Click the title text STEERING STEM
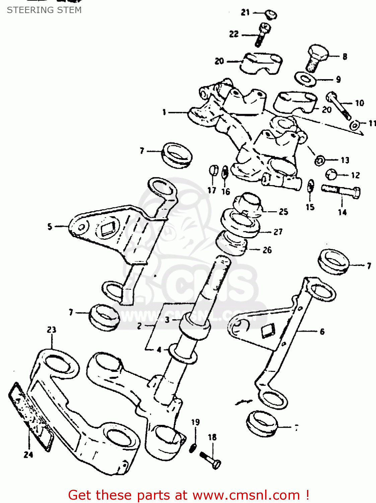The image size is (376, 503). [44, 10]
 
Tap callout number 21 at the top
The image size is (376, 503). [245, 12]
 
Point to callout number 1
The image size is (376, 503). [164, 112]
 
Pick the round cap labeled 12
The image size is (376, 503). [331, 174]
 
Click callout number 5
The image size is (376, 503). [50, 227]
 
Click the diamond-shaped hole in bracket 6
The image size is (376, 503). [268, 330]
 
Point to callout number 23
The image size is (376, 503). [52, 330]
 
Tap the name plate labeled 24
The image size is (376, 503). [30, 416]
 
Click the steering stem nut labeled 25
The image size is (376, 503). [248, 203]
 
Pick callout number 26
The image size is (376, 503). [267, 250]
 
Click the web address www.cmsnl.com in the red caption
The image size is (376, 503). [246, 495]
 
